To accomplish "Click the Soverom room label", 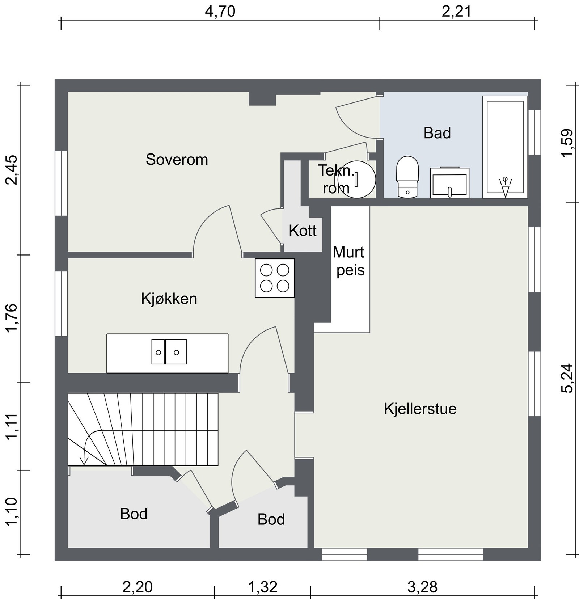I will [177, 160].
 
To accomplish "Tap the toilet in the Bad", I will [407, 177].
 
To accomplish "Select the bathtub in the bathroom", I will [505, 147].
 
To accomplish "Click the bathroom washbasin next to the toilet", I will [449, 183].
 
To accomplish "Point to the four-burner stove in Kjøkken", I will [275, 278].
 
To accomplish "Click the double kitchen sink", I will [169, 352].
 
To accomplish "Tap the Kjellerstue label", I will [420, 409].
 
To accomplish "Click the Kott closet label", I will [303, 231].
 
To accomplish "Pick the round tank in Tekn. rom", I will [356, 180].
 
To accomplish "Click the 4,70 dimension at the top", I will [220, 12].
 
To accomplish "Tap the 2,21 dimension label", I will [457, 12].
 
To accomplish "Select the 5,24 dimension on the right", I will [567, 378].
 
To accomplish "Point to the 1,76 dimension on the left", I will [12, 317].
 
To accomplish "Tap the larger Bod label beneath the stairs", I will [134, 514].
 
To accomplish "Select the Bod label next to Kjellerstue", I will [271, 519].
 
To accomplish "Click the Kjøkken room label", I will [169, 299].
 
